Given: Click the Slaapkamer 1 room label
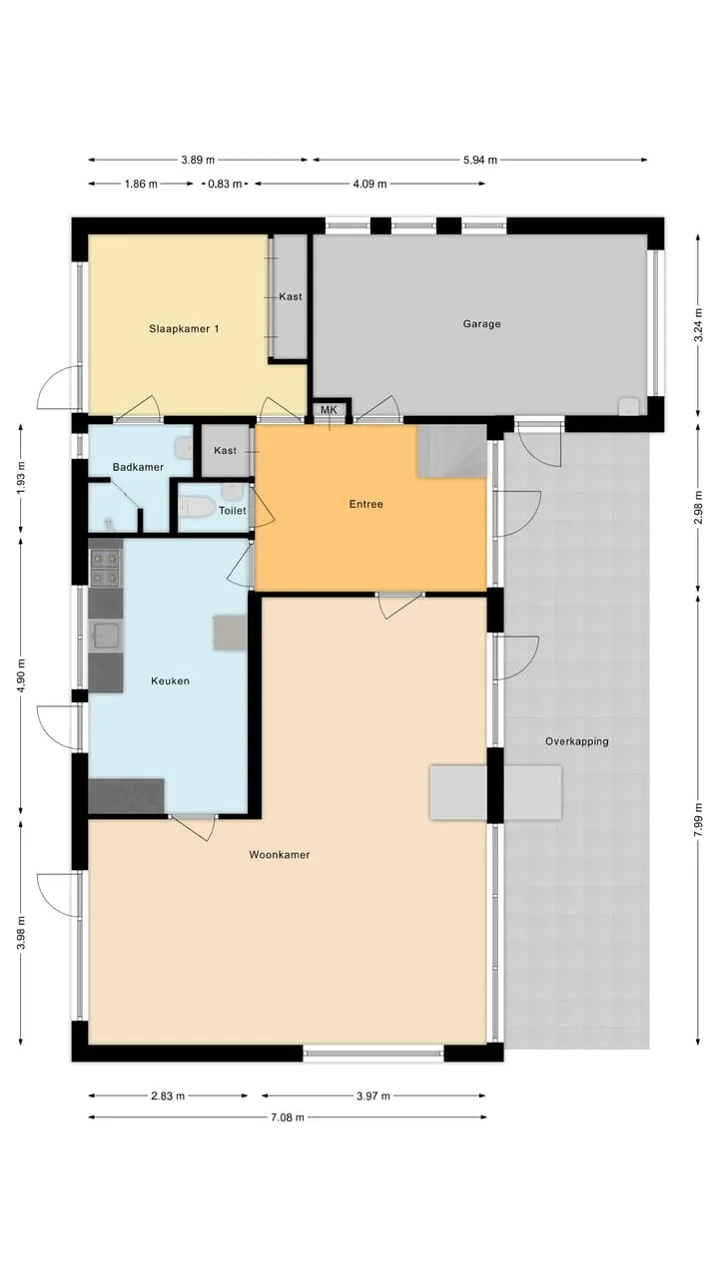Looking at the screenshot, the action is [184, 329].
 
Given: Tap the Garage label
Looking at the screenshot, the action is [481, 324].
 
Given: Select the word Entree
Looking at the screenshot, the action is [365, 504].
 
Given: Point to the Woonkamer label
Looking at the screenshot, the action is [279, 855].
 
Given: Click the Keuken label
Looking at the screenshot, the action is [170, 680].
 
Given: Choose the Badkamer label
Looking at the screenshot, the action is [138, 467].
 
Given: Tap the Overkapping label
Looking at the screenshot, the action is [576, 741].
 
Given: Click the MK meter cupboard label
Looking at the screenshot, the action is [329, 410].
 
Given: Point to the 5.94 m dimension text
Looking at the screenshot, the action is [480, 160].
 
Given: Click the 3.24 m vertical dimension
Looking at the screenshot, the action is [698, 325].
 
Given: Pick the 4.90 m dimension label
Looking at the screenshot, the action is [21, 675].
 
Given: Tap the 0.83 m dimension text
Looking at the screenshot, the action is [225, 184].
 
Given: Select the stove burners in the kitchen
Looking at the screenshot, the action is [106, 568].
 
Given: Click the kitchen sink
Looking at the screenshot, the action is [106, 636].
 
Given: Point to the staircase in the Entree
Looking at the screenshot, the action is [452, 451].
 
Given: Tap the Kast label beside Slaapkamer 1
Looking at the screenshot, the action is [291, 296].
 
